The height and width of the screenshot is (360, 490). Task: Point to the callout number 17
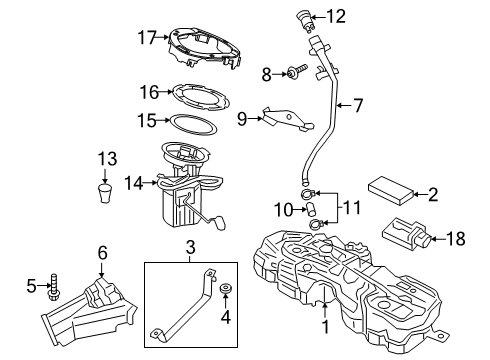[x=147, y=38]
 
